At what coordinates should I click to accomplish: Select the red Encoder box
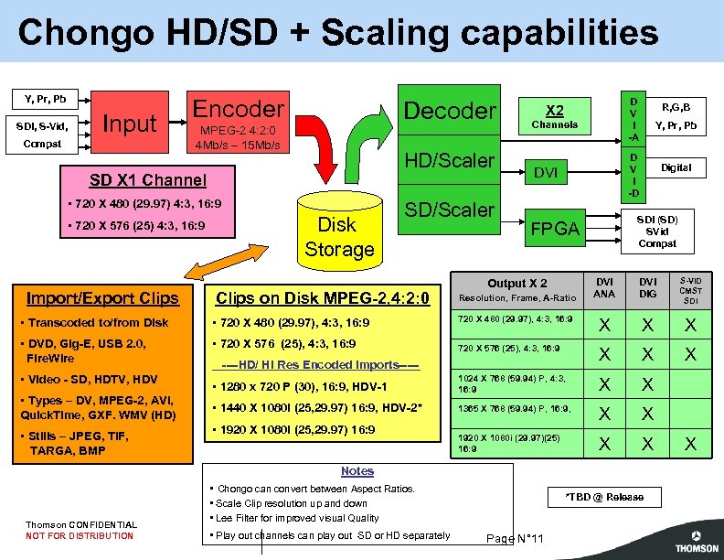point(238,123)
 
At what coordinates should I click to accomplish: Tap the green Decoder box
point(449,111)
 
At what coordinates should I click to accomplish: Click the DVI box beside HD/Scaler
point(546,171)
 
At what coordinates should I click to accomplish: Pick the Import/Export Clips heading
point(102,297)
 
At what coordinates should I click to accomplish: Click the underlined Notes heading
point(357,470)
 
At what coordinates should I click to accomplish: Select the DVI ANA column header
point(604,287)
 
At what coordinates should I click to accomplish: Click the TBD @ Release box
point(604,497)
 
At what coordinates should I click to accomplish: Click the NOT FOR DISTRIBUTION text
point(80,536)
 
